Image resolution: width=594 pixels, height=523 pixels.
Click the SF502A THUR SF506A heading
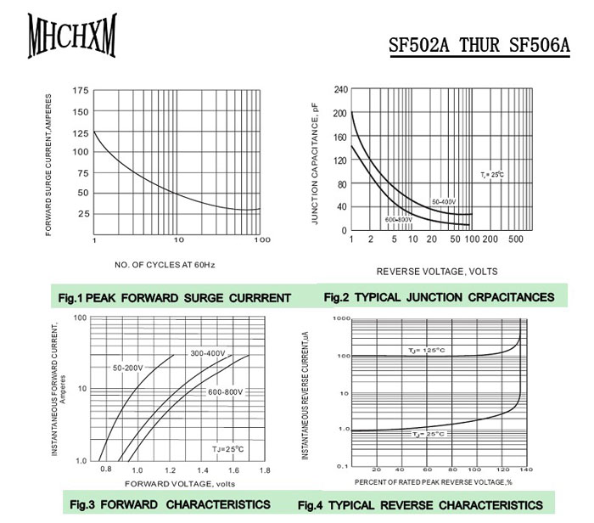(479, 44)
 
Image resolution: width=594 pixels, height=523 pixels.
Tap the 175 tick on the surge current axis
(80, 91)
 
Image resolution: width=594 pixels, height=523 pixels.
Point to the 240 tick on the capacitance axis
(339, 89)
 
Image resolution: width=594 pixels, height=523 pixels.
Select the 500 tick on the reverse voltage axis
(517, 240)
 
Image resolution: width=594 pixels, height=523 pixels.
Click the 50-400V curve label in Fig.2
(444, 201)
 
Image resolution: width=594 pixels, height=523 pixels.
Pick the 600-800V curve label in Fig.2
(398, 220)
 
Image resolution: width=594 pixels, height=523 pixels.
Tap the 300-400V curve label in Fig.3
(208, 353)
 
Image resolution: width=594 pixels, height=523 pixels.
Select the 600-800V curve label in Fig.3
(226, 391)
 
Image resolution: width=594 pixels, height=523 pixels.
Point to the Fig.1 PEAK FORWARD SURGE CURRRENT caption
(175, 298)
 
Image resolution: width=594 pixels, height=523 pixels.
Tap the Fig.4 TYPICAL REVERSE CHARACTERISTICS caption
(420, 505)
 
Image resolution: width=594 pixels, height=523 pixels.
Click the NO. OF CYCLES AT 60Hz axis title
(164, 266)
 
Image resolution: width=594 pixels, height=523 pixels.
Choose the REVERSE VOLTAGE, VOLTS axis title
(437, 272)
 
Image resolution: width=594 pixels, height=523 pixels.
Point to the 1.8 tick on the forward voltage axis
(265, 470)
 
